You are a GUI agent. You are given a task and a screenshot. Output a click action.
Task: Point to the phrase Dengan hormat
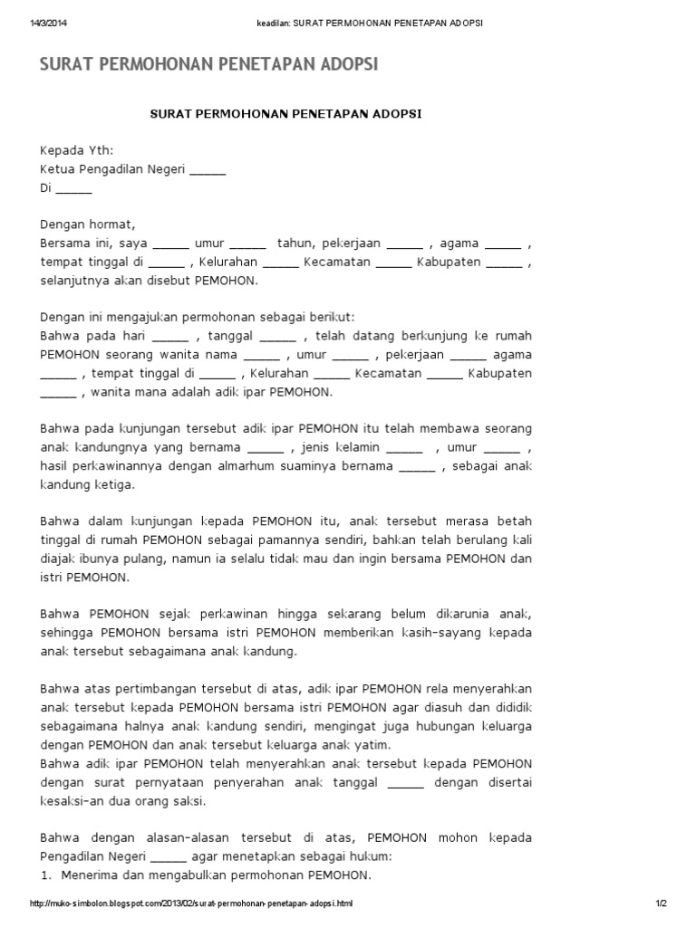pos(87,224)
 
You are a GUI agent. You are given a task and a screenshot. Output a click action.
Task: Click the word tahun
pos(295,243)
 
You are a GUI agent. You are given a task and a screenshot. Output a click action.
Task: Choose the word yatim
pos(372,744)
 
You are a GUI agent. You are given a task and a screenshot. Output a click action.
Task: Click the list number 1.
pos(44,874)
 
